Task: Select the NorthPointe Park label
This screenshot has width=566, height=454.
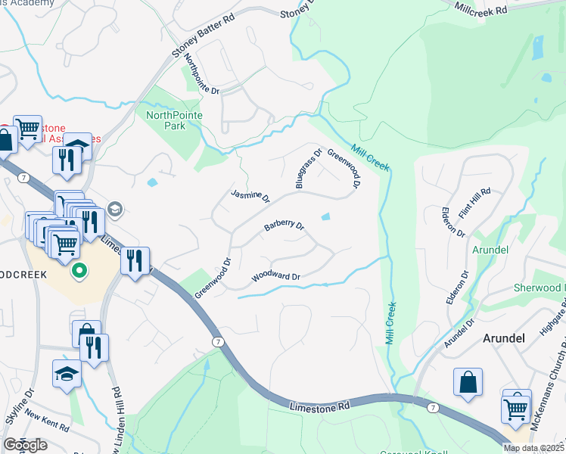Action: click(165, 120)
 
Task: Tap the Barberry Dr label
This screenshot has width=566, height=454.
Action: click(284, 225)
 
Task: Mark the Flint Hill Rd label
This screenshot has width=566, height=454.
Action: click(476, 201)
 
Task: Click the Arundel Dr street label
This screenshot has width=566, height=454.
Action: click(459, 334)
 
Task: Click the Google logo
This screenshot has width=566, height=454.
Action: click(25, 446)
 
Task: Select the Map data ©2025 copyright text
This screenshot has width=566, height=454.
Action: click(533, 448)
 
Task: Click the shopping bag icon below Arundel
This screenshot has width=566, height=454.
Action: click(468, 383)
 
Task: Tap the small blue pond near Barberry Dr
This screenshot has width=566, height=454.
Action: click(325, 217)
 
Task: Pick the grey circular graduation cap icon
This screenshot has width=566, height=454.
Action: click(115, 209)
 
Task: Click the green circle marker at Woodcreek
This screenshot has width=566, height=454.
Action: click(79, 270)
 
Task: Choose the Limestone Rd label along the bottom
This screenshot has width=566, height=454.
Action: click(320, 407)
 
